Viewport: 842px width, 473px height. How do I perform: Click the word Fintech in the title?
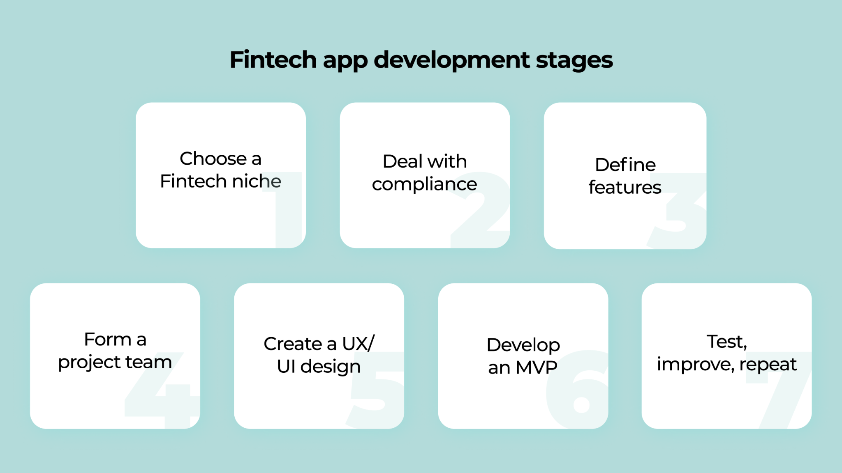click(x=273, y=60)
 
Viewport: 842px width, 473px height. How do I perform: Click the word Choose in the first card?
click(x=213, y=158)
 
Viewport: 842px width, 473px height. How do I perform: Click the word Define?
click(x=625, y=165)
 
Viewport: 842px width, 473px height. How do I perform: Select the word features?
click(x=625, y=187)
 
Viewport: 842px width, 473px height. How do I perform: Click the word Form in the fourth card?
click(x=108, y=339)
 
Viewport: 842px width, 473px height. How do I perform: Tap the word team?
click(x=148, y=362)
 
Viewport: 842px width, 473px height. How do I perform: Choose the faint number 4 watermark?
click(x=162, y=390)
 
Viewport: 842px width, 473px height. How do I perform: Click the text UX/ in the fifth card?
click(x=358, y=344)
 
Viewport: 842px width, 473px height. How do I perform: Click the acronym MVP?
click(x=537, y=367)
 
